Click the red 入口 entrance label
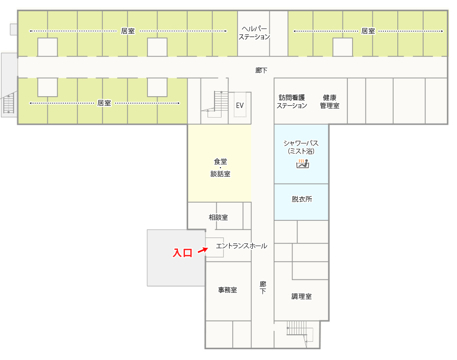(x=183, y=253)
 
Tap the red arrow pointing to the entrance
(x=203, y=250)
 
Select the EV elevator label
(x=240, y=105)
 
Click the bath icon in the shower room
(x=302, y=163)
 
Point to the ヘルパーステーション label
(x=254, y=33)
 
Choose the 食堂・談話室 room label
(x=220, y=168)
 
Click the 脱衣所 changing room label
(x=302, y=199)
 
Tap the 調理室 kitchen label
(x=302, y=297)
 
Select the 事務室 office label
(x=227, y=290)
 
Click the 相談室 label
(x=218, y=217)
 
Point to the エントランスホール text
(x=241, y=246)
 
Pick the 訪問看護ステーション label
(x=292, y=102)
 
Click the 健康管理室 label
(x=330, y=102)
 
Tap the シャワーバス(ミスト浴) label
(x=301, y=147)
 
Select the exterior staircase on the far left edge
(x=9, y=102)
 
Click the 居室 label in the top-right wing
(x=368, y=31)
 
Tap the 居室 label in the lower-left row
(x=104, y=103)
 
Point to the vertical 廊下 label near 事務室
(x=262, y=287)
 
